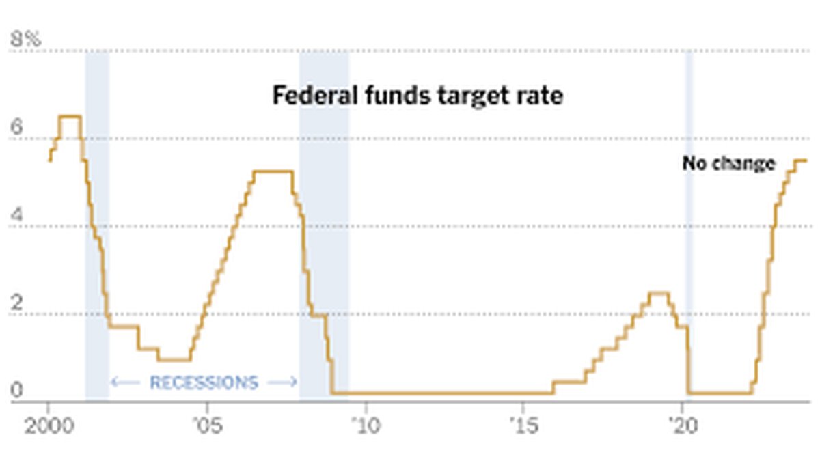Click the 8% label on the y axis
pyautogui.click(x=25, y=40)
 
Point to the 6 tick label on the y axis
pyautogui.click(x=16, y=128)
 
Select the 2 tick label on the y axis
pyautogui.click(x=16, y=303)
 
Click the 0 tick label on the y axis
pyautogui.click(x=16, y=391)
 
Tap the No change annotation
pyautogui.click(x=728, y=164)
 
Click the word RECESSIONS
pyautogui.click(x=204, y=382)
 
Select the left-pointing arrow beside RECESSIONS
pyautogui.click(x=125, y=382)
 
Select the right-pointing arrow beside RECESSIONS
pyautogui.click(x=282, y=382)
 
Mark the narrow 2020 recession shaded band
pyautogui.click(x=689, y=225)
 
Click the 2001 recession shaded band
pyautogui.click(x=96, y=225)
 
